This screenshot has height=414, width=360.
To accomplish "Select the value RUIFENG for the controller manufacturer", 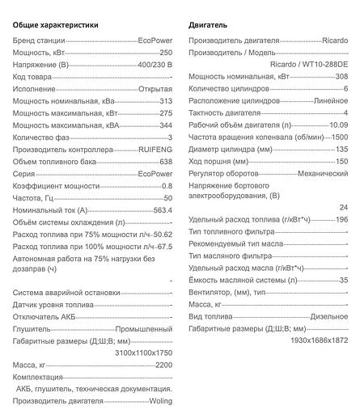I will (x=155, y=150).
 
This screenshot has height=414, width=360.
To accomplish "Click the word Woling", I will (x=160, y=401).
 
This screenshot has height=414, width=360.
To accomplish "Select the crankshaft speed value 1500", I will (x=340, y=137).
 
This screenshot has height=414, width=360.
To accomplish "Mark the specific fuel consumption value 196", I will (x=341, y=219).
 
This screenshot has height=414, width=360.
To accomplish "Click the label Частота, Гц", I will (x=35, y=196).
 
